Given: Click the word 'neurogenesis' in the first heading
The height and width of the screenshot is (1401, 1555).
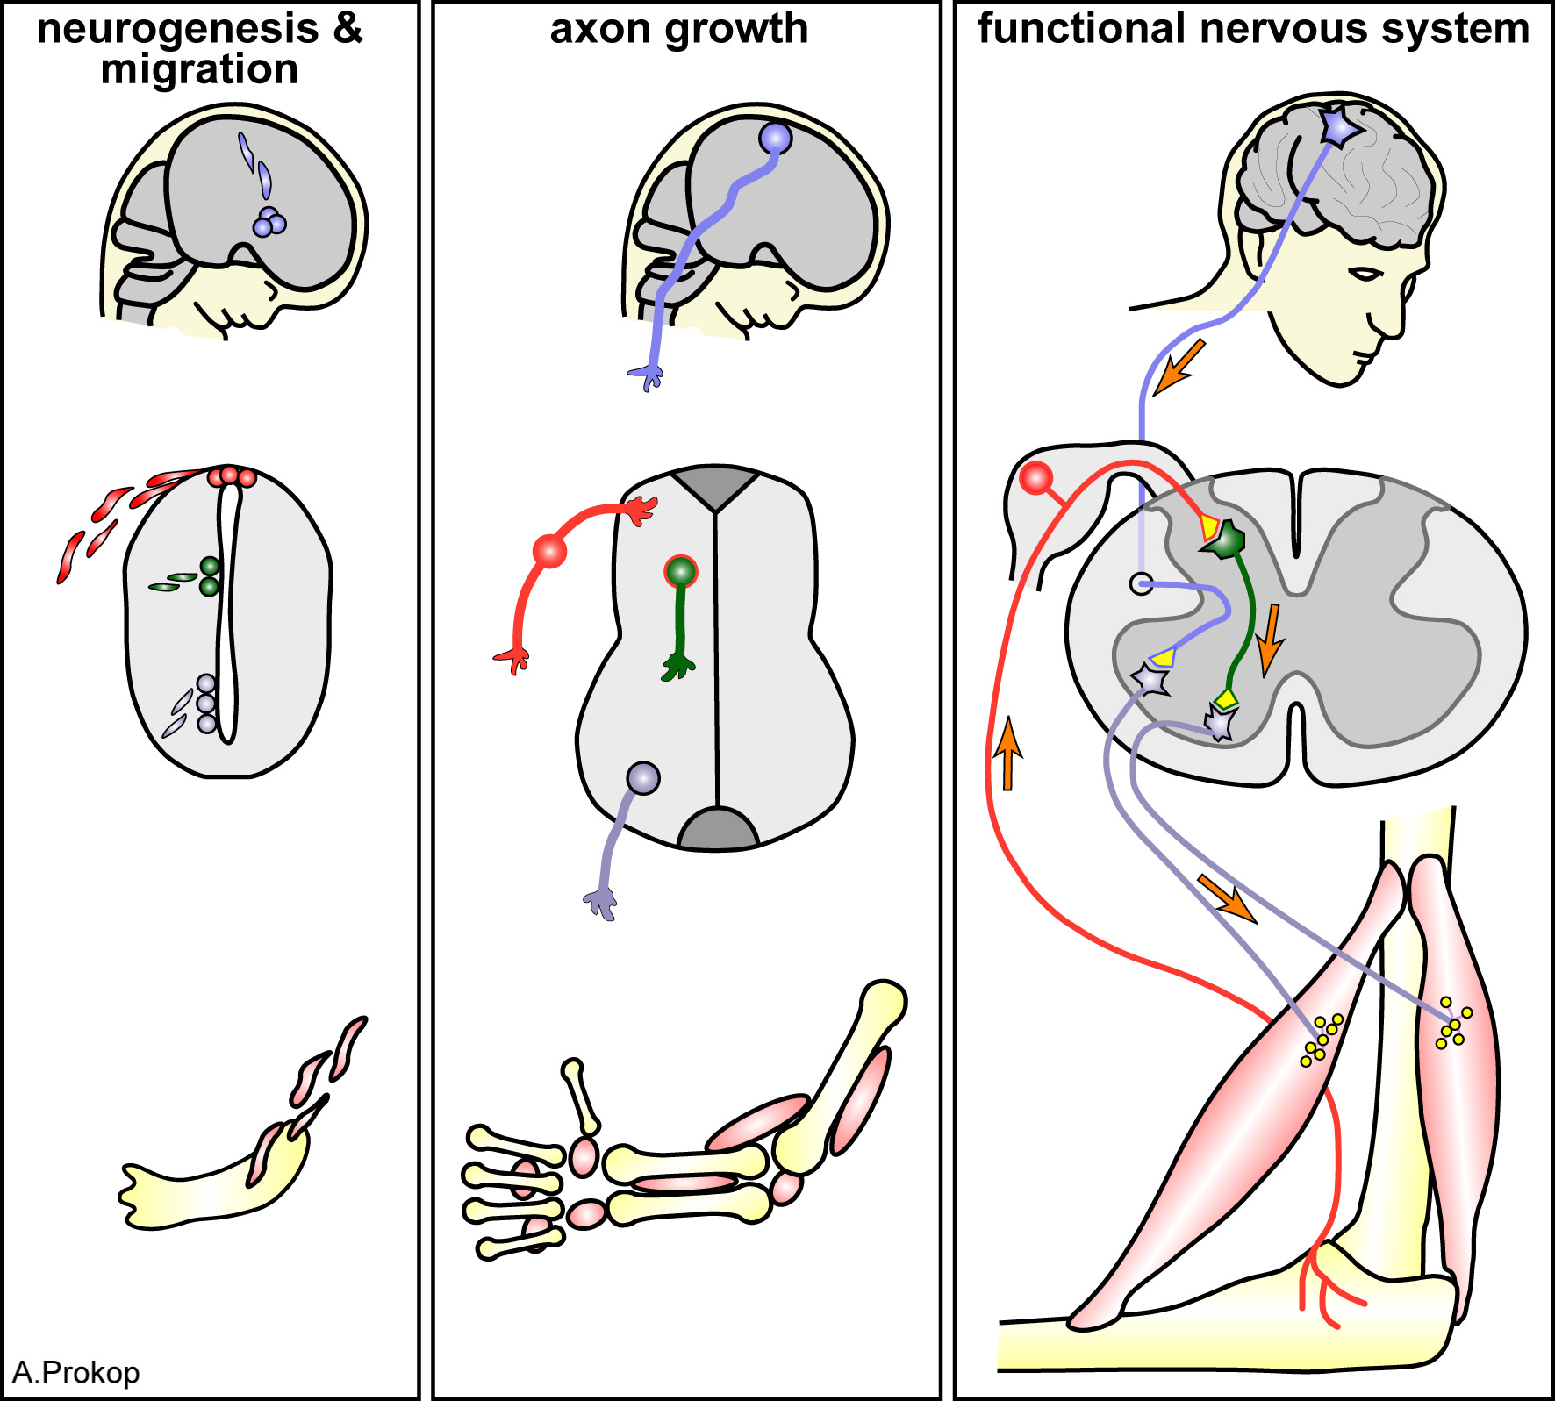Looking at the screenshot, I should tap(176, 29).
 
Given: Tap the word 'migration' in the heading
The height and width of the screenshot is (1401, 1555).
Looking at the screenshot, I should tap(199, 69).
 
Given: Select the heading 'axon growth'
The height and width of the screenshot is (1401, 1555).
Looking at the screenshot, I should tap(678, 29).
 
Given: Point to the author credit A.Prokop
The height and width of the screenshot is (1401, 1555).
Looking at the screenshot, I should tap(76, 1372).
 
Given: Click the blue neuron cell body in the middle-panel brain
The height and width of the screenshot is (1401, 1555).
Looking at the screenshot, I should tap(775, 139).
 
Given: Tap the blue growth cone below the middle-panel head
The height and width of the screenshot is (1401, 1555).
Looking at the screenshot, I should tap(648, 375).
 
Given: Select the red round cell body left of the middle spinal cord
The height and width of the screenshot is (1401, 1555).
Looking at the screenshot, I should tap(549, 551).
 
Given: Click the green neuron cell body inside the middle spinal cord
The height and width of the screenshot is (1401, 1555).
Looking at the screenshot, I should tap(680, 572).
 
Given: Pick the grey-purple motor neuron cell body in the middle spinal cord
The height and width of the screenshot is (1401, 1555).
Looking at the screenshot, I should tap(643, 778).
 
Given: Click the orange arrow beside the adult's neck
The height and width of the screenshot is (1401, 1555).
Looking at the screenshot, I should tap(1179, 368).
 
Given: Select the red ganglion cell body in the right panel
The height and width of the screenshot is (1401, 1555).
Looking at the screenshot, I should tap(1036, 479).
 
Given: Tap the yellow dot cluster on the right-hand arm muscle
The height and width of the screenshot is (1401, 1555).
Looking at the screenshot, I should tap(1452, 1024).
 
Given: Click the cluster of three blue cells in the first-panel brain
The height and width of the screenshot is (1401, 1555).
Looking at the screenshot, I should tap(269, 223).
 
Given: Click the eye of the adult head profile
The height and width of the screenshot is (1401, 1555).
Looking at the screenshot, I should tap(1365, 274).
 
